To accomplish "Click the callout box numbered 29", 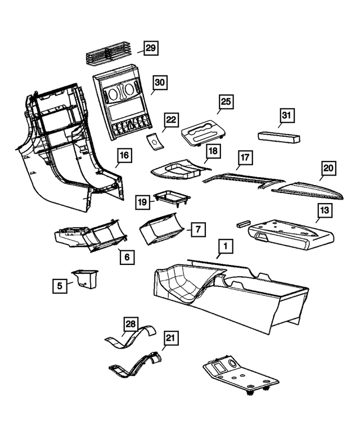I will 150,49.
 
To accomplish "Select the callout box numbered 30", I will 160,83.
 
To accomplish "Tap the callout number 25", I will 226,102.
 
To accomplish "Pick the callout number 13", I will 325,211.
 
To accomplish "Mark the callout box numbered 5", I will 58,286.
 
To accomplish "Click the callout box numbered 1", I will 225,246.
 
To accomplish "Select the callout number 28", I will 130,325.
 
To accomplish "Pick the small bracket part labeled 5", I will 84,278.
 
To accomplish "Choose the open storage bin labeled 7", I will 163,230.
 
